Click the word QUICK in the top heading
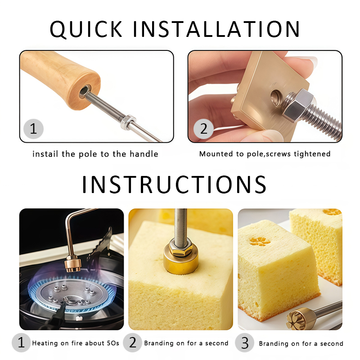click(86, 29)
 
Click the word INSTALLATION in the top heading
click(217, 29)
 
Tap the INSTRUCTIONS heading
click(174, 184)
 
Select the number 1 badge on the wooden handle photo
click(33, 129)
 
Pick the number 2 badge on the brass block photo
click(203, 129)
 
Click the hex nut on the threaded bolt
click(298, 106)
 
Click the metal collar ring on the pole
click(128, 122)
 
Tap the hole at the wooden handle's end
click(85, 91)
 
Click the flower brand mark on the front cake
click(260, 242)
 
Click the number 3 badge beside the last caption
click(245, 343)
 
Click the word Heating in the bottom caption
click(45, 343)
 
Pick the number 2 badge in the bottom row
click(132, 343)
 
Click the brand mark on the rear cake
click(332, 212)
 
